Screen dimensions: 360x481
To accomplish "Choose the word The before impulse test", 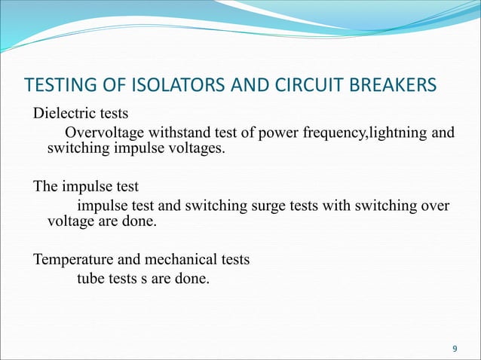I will pos(44,186).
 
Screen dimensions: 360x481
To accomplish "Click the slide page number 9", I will pos(454,348).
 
